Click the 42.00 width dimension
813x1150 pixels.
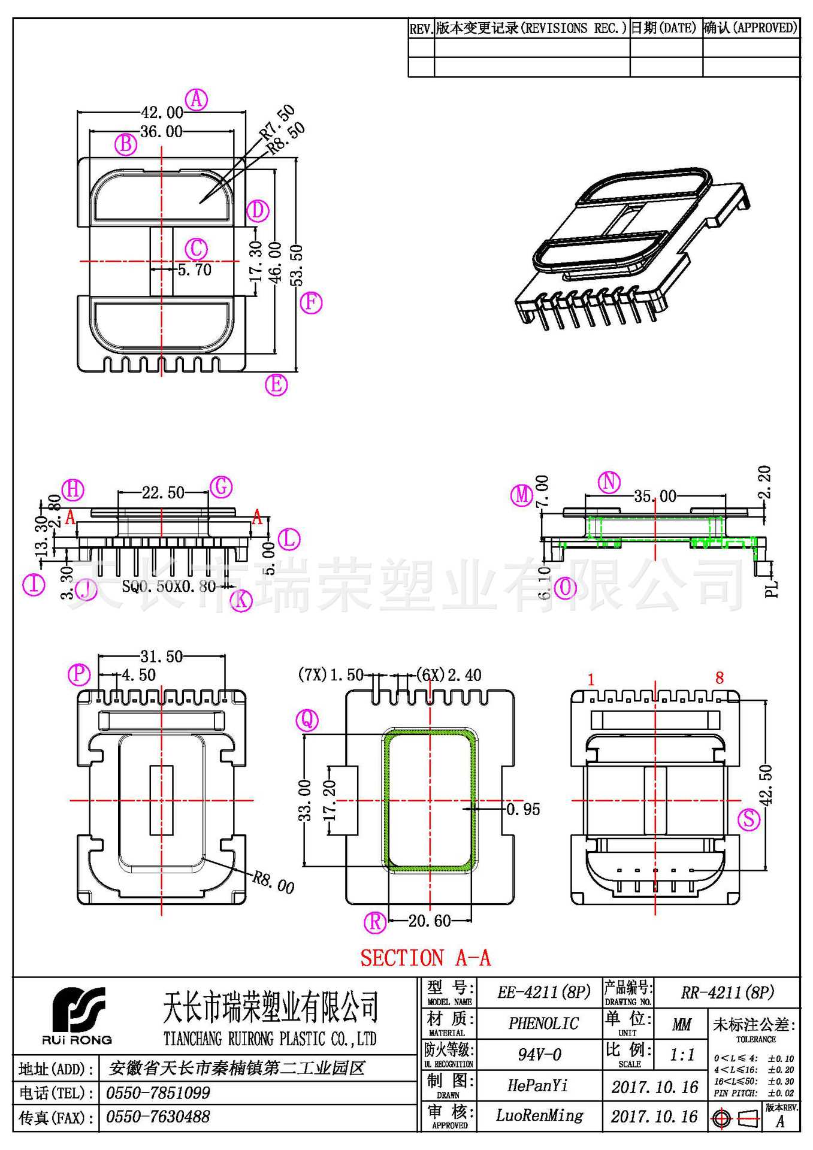[162, 112]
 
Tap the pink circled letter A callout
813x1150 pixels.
[197, 99]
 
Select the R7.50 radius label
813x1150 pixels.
[277, 122]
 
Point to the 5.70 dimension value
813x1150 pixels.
[195, 270]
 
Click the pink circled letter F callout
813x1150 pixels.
[311, 302]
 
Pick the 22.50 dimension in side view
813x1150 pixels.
[163, 492]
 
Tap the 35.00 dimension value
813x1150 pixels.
[655, 496]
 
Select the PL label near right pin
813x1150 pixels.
[772, 588]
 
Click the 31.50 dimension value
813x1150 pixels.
[162, 656]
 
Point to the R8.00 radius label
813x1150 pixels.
[273, 882]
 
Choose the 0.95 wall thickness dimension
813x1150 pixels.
[523, 809]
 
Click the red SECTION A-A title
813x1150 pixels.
[425, 958]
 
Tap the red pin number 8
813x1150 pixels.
[720, 678]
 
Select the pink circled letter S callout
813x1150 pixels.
[749, 819]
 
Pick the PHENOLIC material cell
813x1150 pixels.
[543, 1023]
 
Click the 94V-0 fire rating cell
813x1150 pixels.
[540, 1054]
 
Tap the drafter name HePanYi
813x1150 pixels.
[537, 1085]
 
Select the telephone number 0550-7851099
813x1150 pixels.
[158, 1093]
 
